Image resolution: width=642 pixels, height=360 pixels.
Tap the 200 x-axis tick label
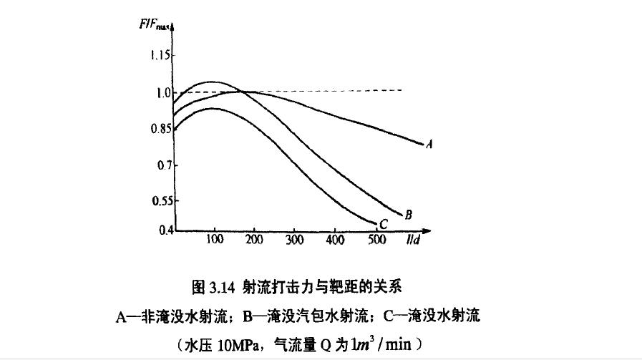click(254, 240)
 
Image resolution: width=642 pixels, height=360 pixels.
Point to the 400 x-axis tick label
click(334, 240)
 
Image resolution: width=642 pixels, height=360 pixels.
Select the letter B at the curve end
click(408, 214)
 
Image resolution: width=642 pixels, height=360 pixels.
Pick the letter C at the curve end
click(383, 225)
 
